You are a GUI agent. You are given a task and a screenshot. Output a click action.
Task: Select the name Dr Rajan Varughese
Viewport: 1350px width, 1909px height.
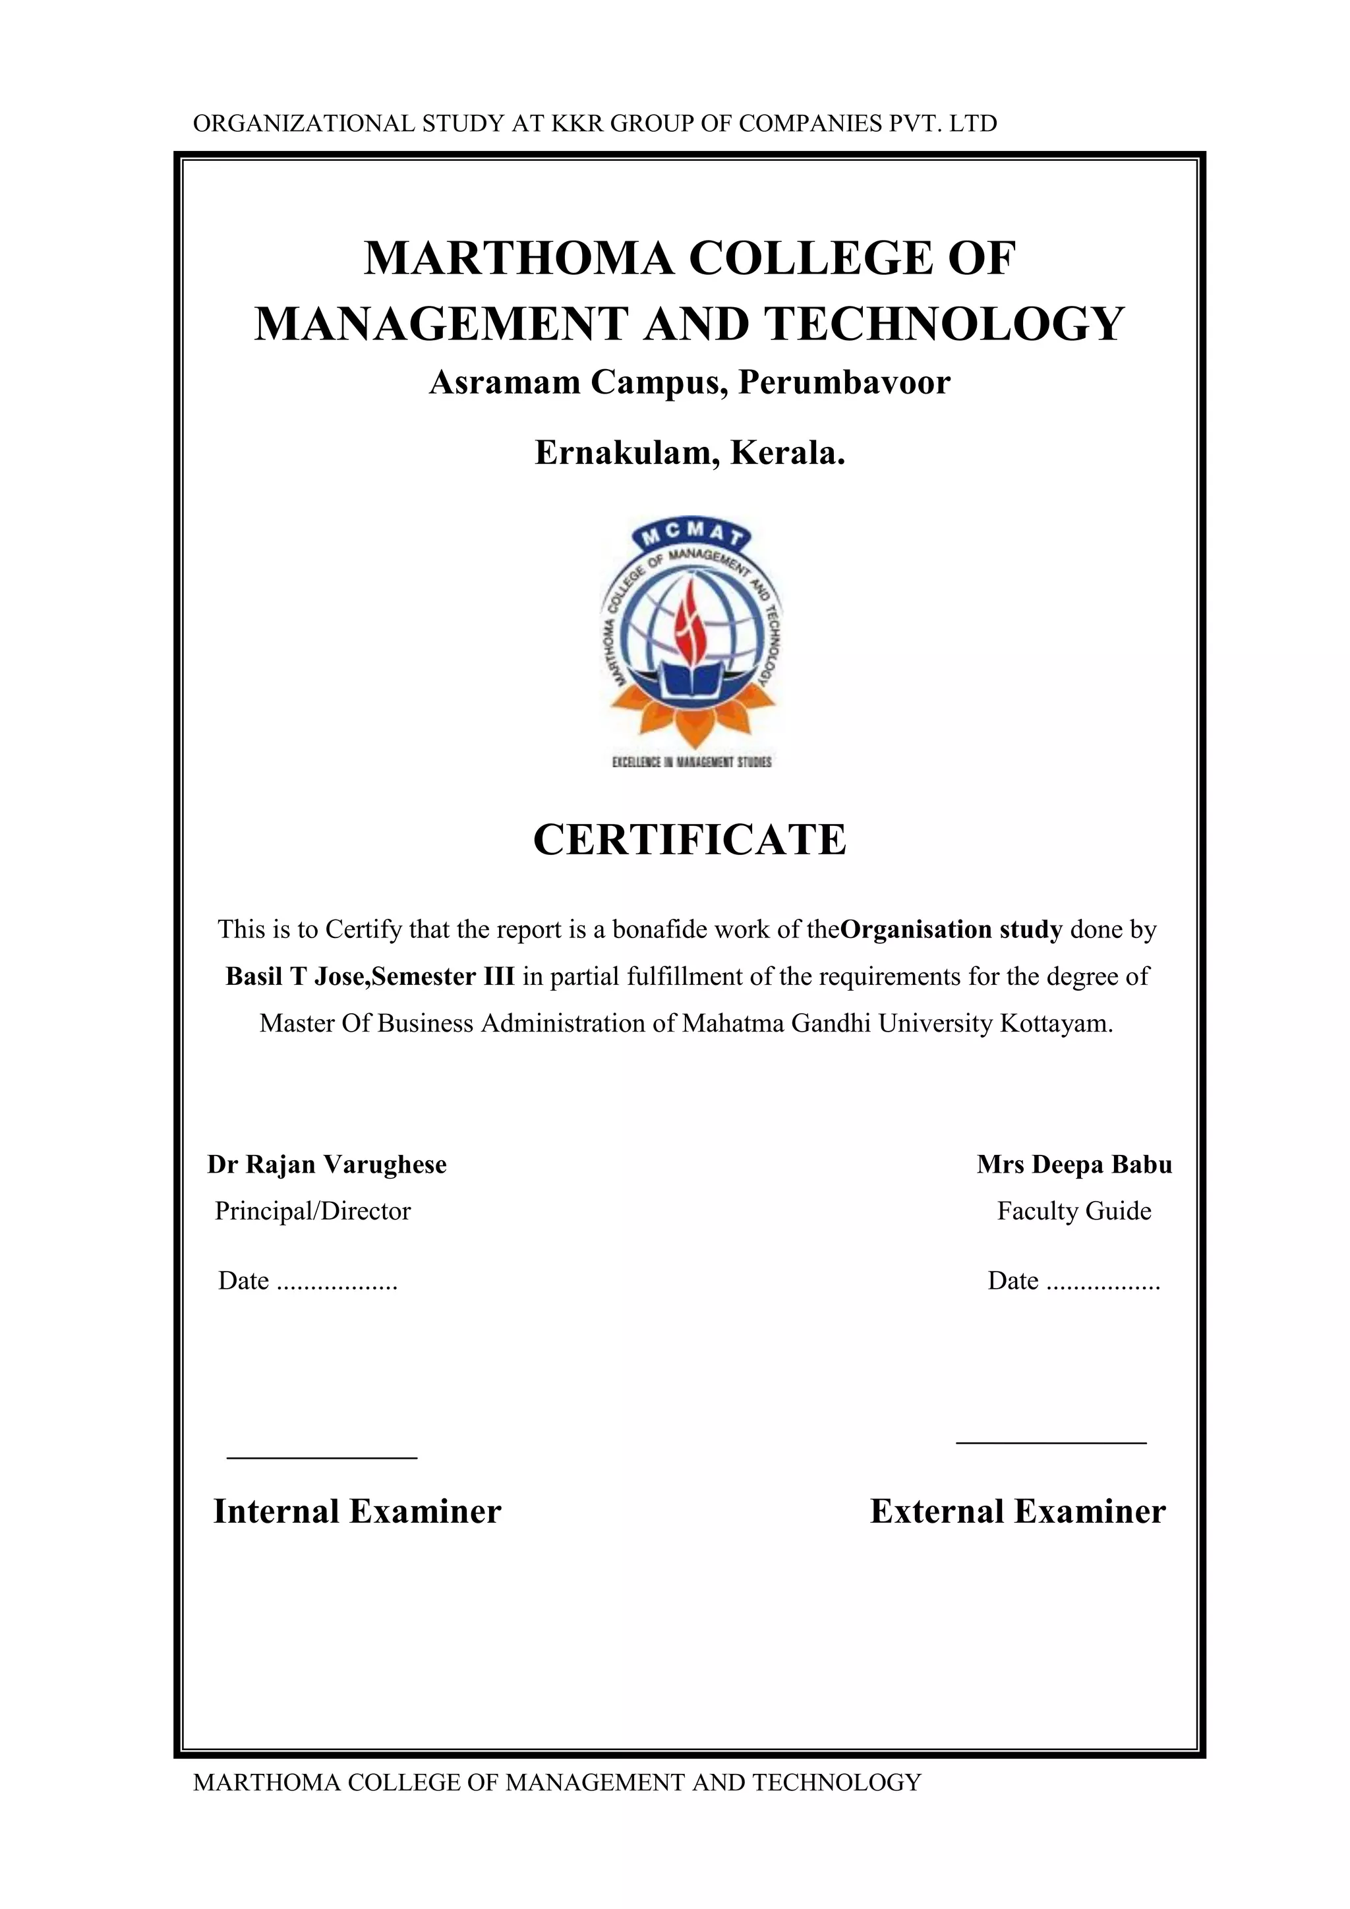[327, 1164]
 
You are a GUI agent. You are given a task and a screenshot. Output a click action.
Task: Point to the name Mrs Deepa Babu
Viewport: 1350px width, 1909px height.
[1074, 1164]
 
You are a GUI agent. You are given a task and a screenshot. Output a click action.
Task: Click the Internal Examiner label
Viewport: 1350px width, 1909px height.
[357, 1512]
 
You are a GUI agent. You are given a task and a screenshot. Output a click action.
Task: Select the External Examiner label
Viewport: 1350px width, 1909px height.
[1018, 1512]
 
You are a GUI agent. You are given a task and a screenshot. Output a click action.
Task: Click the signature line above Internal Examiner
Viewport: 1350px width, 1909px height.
[322, 1457]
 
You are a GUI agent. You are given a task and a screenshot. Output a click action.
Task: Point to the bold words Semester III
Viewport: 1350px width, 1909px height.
[443, 976]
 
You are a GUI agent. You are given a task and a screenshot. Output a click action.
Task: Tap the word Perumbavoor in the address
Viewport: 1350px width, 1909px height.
[844, 383]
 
